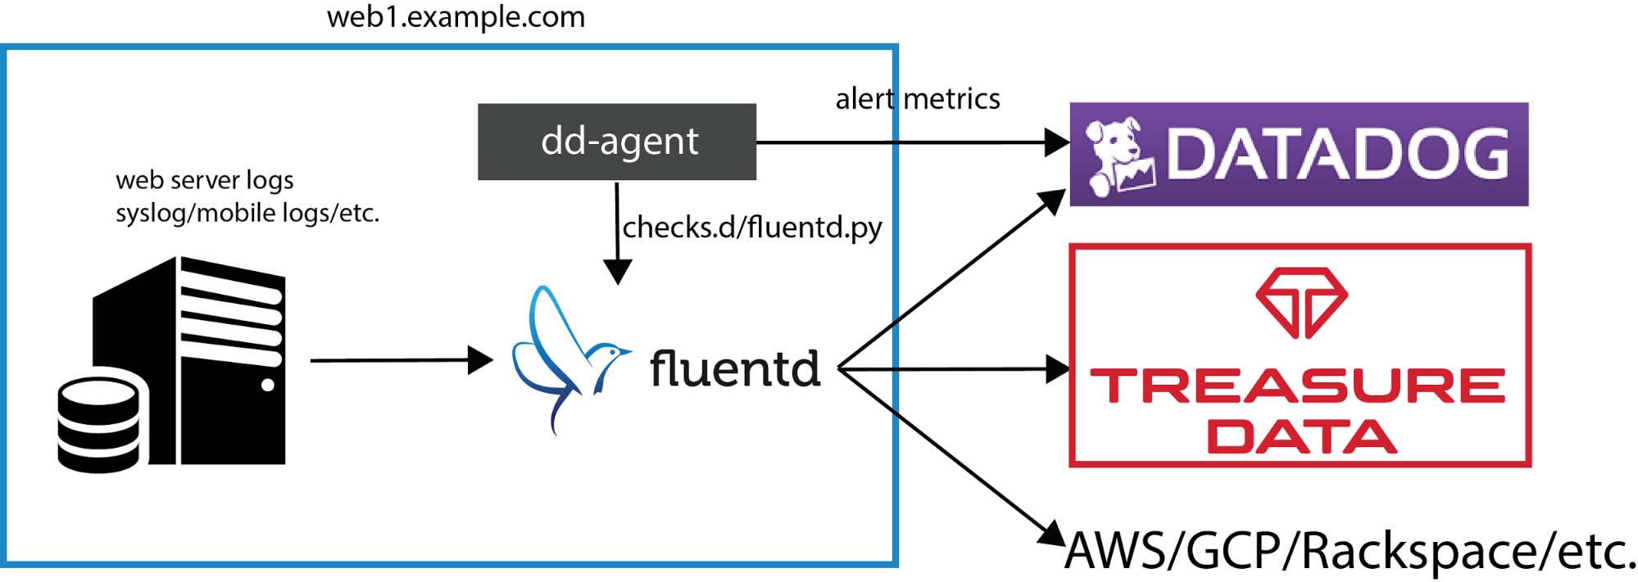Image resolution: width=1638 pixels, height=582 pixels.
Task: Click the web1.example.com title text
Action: click(x=456, y=17)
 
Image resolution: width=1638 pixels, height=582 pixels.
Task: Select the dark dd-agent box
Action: click(x=616, y=142)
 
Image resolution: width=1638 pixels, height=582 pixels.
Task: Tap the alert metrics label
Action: click(x=917, y=99)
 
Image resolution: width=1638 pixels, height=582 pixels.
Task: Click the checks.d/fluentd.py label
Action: click(x=751, y=227)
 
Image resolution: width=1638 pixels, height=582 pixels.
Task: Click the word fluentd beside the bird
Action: click(x=734, y=368)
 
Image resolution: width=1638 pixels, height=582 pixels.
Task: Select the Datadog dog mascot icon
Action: click(x=1118, y=156)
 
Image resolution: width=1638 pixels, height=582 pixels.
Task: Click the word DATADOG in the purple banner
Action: click(x=1337, y=154)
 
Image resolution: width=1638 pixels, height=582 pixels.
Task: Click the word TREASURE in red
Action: click(x=1298, y=386)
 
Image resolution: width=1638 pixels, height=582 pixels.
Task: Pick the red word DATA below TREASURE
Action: click(x=1301, y=436)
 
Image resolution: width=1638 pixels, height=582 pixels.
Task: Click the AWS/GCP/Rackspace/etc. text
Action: click(x=1350, y=550)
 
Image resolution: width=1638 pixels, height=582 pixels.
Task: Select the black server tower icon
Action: click(x=213, y=360)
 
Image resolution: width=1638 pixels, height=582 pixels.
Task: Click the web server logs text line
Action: click(x=204, y=179)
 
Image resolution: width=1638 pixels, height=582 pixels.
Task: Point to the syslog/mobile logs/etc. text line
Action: click(x=247, y=213)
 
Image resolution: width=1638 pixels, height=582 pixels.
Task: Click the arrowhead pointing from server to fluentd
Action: click(x=481, y=359)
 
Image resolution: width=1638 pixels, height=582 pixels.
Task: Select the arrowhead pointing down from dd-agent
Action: click(x=617, y=272)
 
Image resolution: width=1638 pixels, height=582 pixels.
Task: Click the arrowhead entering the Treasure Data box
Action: click(x=1058, y=369)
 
